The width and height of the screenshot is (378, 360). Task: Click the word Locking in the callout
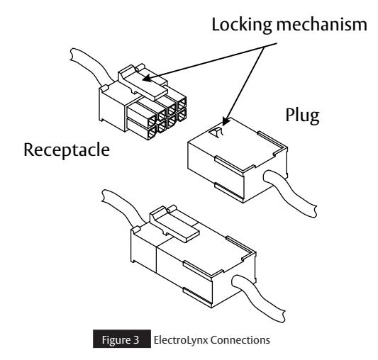242,26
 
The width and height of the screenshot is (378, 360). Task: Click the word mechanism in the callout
322,24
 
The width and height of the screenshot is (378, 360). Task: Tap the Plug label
303,116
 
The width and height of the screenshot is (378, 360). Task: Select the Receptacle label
67,150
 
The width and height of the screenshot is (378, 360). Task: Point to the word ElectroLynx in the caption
180,340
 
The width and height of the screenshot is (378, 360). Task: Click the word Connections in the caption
240,340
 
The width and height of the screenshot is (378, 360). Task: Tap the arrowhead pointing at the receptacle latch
147,79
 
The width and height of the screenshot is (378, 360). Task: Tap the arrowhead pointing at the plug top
225,121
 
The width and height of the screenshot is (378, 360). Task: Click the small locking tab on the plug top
216,133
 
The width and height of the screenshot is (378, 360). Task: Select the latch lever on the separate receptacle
143,82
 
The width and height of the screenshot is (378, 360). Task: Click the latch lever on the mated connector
174,224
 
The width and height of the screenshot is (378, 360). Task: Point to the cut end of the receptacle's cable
72,55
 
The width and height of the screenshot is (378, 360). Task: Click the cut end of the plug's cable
314,212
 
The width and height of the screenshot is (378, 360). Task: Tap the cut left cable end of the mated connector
104,196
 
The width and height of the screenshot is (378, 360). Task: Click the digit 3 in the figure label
135,340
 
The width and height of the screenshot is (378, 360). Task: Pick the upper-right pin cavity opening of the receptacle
182,103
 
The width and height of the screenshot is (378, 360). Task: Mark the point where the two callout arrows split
265,47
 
